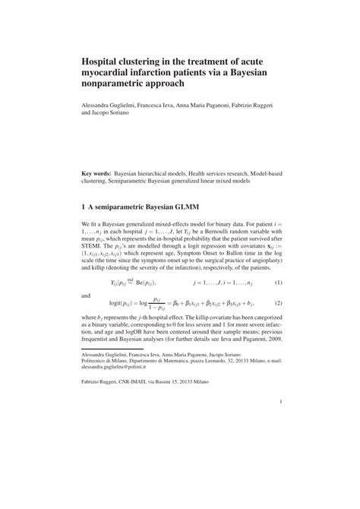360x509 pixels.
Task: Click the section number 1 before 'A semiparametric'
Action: click(x=83, y=205)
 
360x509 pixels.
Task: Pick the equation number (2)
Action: click(x=278, y=302)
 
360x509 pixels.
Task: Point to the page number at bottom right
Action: click(x=280, y=423)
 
